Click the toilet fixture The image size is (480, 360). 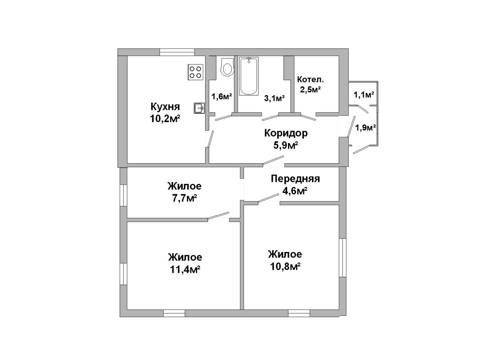coord(228,67)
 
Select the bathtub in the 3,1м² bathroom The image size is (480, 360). coord(249,76)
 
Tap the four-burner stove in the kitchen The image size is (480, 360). coord(195,72)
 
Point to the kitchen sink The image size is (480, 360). coord(199,108)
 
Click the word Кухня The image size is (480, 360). coord(165,107)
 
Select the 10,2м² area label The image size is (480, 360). coord(165,119)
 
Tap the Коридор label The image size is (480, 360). coord(286,133)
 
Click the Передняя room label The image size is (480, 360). coord(295,179)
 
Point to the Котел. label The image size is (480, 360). coord(310,79)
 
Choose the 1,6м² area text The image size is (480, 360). coord(222,96)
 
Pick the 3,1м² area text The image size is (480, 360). coord(274,98)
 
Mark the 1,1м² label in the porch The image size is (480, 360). coord(364,95)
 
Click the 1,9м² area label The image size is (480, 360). coord(366,128)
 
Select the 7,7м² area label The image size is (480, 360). coord(184,198)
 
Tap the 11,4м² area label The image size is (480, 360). coord(185,270)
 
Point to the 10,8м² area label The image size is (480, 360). coord(285,266)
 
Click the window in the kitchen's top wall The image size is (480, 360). coord(177,52)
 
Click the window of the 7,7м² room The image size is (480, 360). coord(124,195)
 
